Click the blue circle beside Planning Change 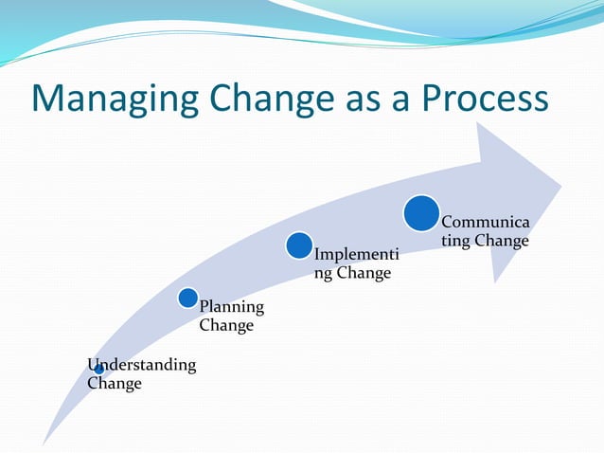pyautogui.click(x=187, y=299)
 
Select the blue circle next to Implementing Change pyautogui.click(x=299, y=246)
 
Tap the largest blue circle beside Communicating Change pyautogui.click(x=421, y=213)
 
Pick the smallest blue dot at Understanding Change pyautogui.click(x=98, y=369)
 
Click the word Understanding pyautogui.click(x=142, y=365)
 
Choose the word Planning pyautogui.click(x=232, y=307)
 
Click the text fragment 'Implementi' pyautogui.click(x=356, y=255)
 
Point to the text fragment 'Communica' pyautogui.click(x=485, y=222)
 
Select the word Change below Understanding pyautogui.click(x=114, y=384)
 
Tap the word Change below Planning pyautogui.click(x=226, y=326)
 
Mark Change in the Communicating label pyautogui.click(x=502, y=241)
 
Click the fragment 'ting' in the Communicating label pyautogui.click(x=455, y=241)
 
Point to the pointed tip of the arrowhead pyautogui.click(x=560, y=185)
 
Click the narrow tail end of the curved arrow pyautogui.click(x=45, y=441)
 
